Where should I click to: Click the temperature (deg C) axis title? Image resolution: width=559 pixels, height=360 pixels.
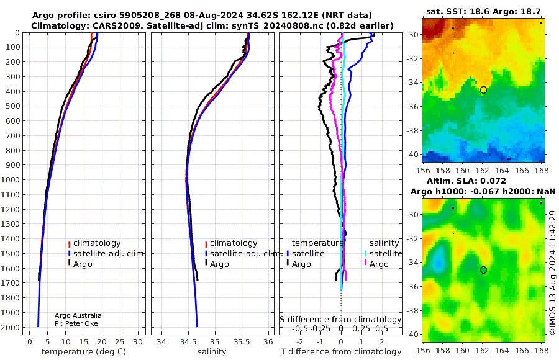[x=84, y=352]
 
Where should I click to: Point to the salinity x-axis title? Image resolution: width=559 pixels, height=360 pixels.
[x=212, y=352]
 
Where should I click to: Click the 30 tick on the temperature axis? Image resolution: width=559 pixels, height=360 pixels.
[x=138, y=341]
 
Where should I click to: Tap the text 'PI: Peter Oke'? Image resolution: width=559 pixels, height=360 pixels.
[x=76, y=323]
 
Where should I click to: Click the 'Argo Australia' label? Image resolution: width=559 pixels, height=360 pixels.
[x=78, y=315]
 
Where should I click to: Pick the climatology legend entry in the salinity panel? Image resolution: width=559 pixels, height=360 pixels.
[x=232, y=243]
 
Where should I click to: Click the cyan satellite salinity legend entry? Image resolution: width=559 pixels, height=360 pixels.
[x=383, y=254]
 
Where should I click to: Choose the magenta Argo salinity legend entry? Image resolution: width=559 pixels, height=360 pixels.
[x=376, y=264]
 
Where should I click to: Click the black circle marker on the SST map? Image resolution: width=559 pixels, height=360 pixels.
[x=483, y=90]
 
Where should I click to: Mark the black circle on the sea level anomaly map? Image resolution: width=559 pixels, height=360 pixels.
[x=483, y=270]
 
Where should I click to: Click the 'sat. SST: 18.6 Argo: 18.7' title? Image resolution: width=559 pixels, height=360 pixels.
[x=483, y=11]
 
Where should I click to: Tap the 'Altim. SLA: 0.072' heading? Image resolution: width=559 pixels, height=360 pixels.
[x=466, y=181]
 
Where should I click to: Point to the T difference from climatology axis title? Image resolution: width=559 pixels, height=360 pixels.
[x=341, y=352]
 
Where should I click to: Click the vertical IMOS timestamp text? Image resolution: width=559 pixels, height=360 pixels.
[x=553, y=272]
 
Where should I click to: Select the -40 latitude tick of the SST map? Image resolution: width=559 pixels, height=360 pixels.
[x=412, y=155]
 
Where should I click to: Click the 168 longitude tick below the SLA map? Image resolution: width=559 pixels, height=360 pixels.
[x=541, y=350]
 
